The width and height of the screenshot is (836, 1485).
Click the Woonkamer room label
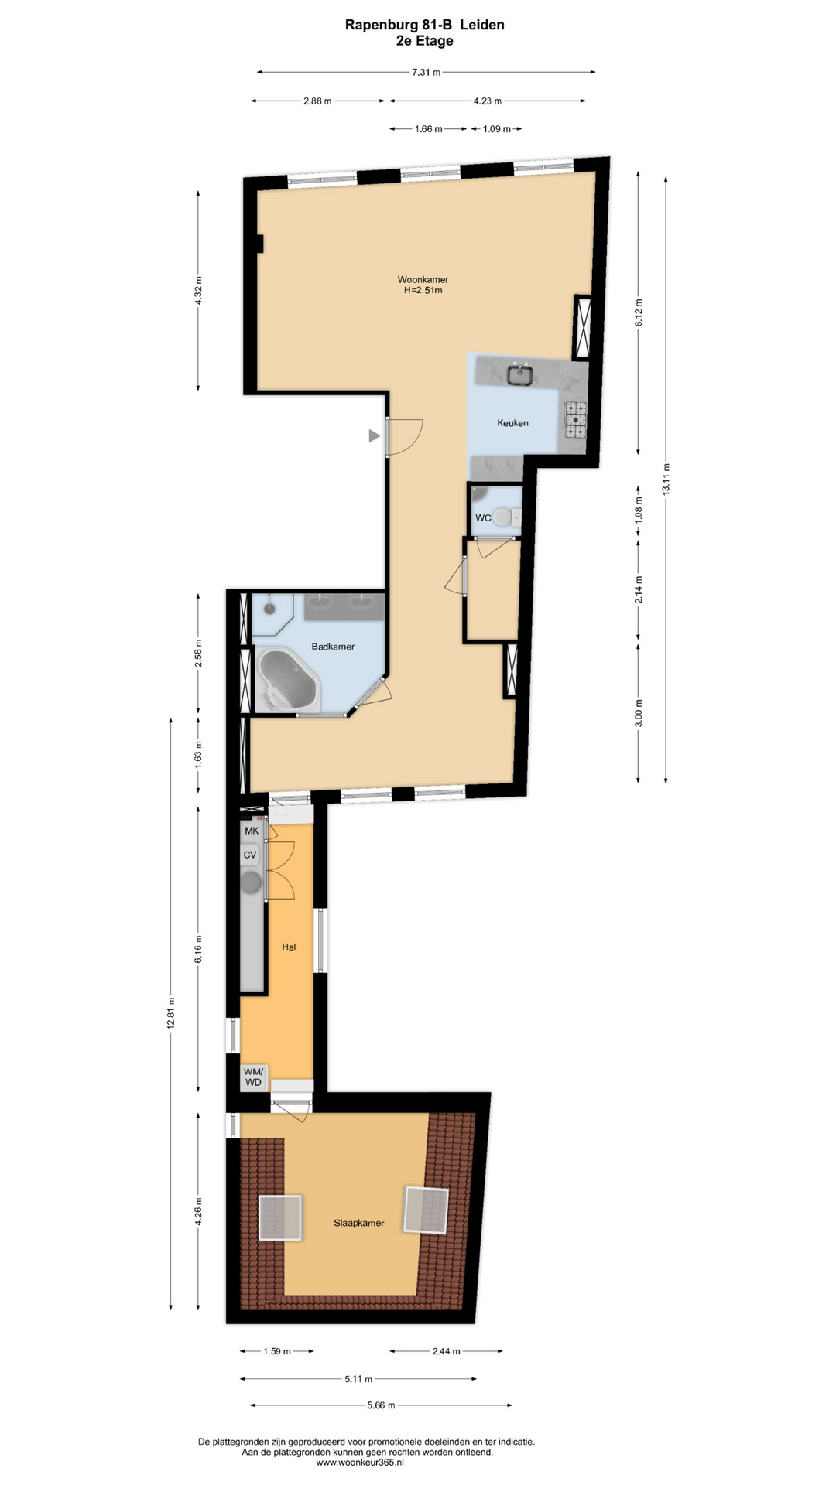point(423,279)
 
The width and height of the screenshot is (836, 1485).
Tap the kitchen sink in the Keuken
point(520,374)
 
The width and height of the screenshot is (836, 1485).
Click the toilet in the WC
point(505,516)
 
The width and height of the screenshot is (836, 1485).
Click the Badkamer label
point(333,647)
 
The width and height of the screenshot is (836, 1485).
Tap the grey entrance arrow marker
point(374,436)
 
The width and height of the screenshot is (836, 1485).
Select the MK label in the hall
point(252,831)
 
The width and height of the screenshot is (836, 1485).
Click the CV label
point(250,855)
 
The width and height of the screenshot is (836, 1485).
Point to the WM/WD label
point(254,1077)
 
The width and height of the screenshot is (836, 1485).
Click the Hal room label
point(289,947)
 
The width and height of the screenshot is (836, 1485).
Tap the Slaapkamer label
point(359,1223)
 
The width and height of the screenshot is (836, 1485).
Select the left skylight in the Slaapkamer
point(279,1218)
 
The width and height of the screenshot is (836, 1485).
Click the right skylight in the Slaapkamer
point(426,1210)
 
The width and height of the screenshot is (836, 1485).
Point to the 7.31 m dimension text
point(426,73)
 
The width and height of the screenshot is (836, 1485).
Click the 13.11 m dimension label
point(666,479)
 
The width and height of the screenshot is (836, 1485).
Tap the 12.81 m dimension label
point(171,1012)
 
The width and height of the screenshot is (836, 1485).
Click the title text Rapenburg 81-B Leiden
point(425,25)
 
